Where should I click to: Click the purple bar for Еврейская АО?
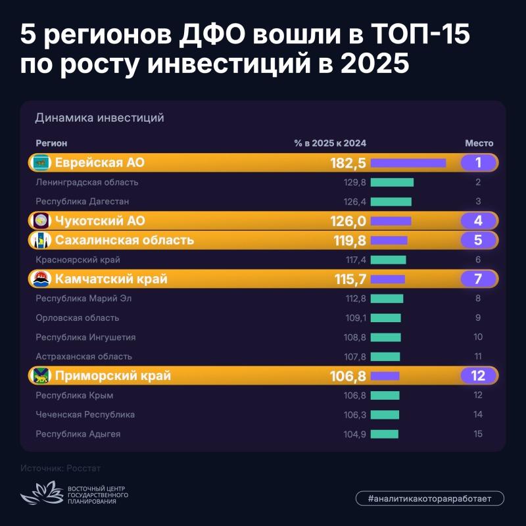[408, 163]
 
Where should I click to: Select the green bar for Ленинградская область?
[392, 183]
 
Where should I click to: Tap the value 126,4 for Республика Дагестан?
[354, 202]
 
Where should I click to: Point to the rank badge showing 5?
[478, 240]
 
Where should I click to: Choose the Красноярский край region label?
[78, 260]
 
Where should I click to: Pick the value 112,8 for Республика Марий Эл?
[356, 299]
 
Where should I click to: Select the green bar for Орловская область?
[386, 318]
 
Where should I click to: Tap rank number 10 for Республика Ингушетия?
[478, 337]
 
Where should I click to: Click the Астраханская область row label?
[84, 356]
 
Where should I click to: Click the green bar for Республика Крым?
[385, 395]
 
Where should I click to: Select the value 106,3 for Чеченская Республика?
[355, 415]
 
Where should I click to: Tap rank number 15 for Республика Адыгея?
[478, 434]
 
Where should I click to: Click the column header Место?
[479, 143]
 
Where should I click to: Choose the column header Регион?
[51, 143]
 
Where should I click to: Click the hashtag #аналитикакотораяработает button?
[430, 498]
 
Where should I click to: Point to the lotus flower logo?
[42, 492]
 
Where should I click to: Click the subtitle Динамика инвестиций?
[100, 118]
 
